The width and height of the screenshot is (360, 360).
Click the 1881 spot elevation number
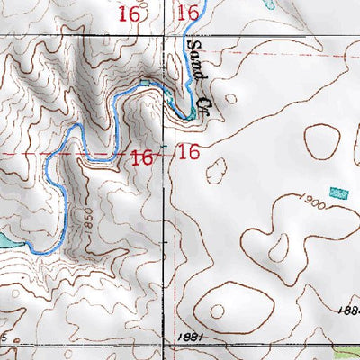[x=184, y=336]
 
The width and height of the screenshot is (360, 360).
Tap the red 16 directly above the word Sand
[x=187, y=13]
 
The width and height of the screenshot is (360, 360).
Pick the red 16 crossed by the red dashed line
[x=140, y=157]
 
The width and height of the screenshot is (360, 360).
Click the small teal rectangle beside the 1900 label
[x=338, y=193]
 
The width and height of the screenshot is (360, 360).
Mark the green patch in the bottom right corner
[x=346, y=352]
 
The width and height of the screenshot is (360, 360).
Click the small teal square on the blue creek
[x=145, y=84]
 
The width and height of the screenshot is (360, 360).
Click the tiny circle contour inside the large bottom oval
[x=217, y=310]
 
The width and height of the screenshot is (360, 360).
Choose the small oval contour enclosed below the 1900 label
[x=280, y=247]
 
